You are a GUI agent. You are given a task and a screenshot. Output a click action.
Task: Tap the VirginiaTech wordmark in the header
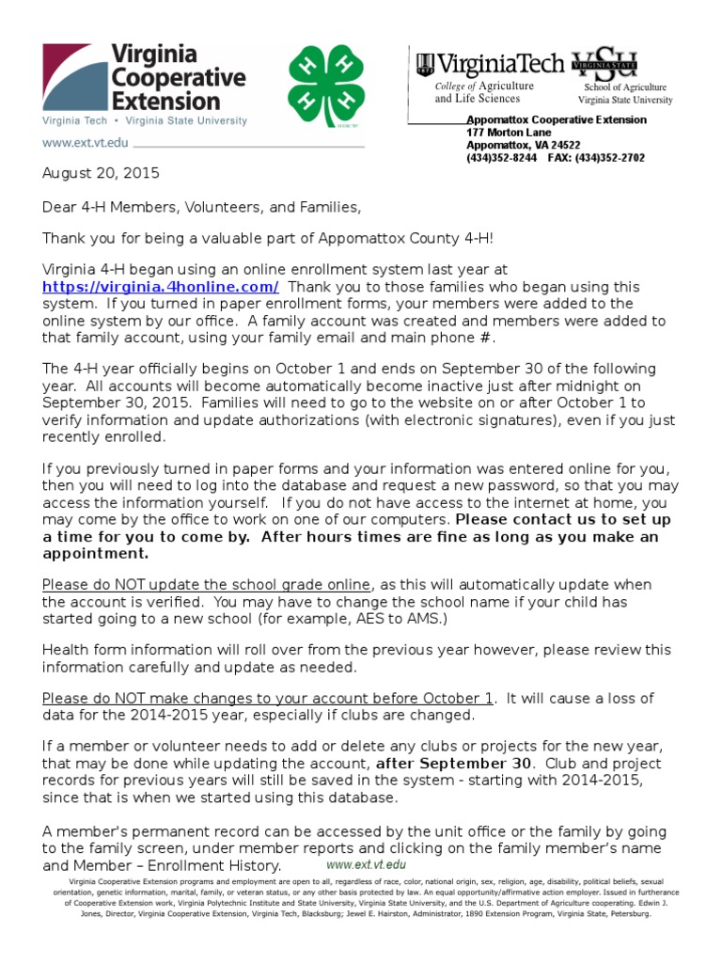click(x=490, y=65)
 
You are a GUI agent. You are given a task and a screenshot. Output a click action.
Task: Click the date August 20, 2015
click(x=101, y=173)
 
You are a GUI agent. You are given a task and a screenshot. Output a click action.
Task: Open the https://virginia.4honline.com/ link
click(x=161, y=287)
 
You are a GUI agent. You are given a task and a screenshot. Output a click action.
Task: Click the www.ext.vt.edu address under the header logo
click(x=85, y=143)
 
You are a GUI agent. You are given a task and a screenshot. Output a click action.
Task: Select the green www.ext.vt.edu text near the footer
click(x=367, y=863)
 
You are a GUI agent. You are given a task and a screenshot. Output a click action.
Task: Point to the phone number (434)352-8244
click(x=502, y=158)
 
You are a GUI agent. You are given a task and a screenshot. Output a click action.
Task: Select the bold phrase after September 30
click(x=446, y=763)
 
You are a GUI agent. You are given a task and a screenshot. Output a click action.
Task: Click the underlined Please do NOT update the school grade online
click(x=207, y=585)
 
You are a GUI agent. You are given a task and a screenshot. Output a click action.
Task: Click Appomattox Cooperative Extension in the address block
click(x=557, y=119)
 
